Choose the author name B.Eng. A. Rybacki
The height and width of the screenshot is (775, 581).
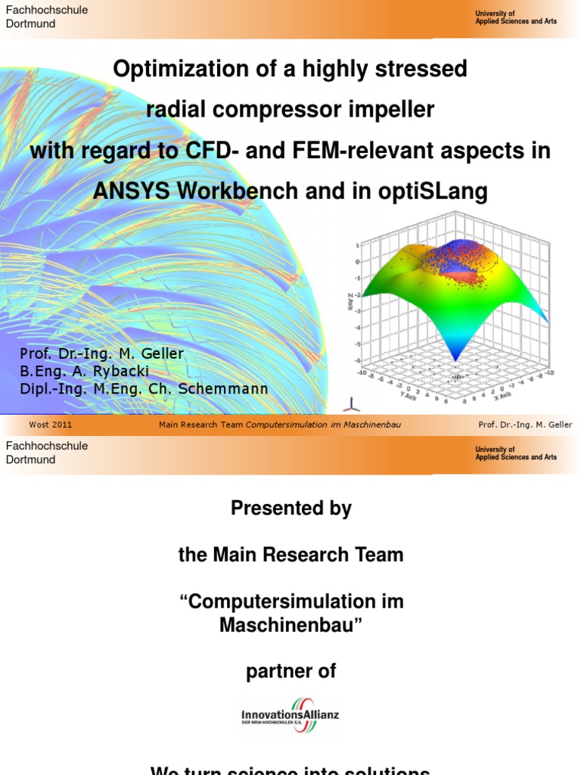click(x=85, y=372)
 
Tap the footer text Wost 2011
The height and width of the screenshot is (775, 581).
click(x=51, y=425)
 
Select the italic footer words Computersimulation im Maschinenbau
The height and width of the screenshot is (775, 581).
click(x=323, y=425)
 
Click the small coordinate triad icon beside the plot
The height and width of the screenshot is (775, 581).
click(x=347, y=403)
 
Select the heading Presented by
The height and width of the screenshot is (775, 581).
click(x=290, y=509)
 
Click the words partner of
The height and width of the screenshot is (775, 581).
click(x=290, y=671)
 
